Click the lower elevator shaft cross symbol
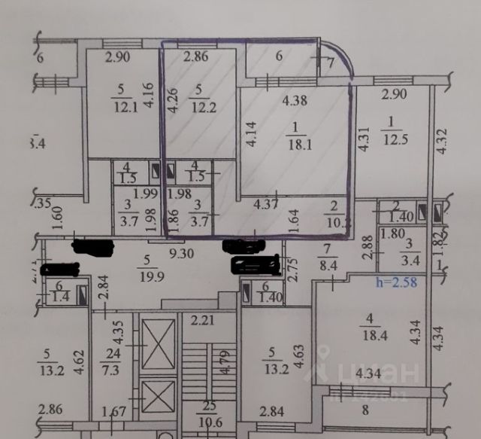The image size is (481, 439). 158,395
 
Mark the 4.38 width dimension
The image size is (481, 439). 296,97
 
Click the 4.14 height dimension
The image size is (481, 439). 250,139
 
